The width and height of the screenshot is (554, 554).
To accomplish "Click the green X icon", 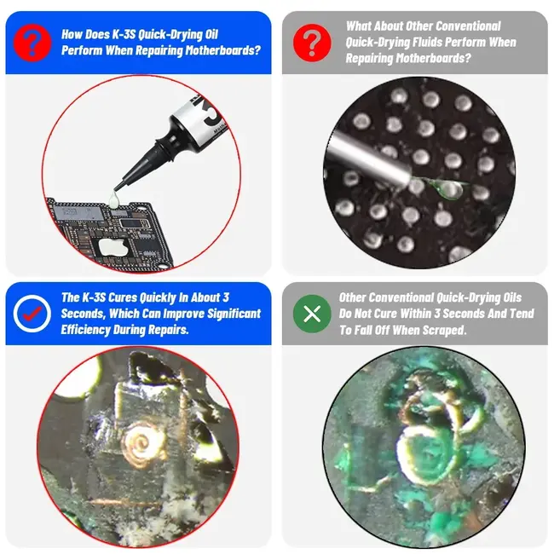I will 312,313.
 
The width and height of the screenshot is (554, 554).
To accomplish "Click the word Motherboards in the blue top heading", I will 216,50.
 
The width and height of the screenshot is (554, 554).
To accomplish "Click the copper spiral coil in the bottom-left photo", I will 141,443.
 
